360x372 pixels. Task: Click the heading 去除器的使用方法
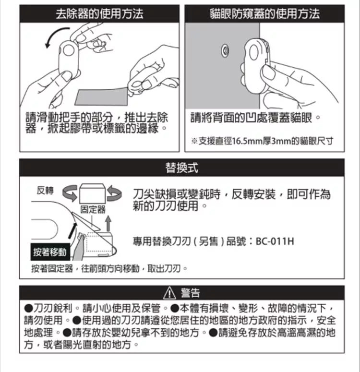99,13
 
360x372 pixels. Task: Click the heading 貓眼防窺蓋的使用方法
264,13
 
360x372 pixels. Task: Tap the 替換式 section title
182,168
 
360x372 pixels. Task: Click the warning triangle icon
169,293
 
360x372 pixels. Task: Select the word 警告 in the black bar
191,293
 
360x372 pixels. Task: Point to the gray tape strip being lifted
102,96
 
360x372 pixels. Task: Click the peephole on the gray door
225,51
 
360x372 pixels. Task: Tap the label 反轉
45,190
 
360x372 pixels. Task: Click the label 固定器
93,209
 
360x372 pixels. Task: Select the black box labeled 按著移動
50,252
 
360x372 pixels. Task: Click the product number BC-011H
275,241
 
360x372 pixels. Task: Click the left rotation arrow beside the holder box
70,193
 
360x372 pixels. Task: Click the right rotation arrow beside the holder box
114,193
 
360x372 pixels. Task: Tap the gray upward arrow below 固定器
108,223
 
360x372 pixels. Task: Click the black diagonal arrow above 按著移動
72,230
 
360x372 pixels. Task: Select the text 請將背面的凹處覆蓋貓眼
252,118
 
